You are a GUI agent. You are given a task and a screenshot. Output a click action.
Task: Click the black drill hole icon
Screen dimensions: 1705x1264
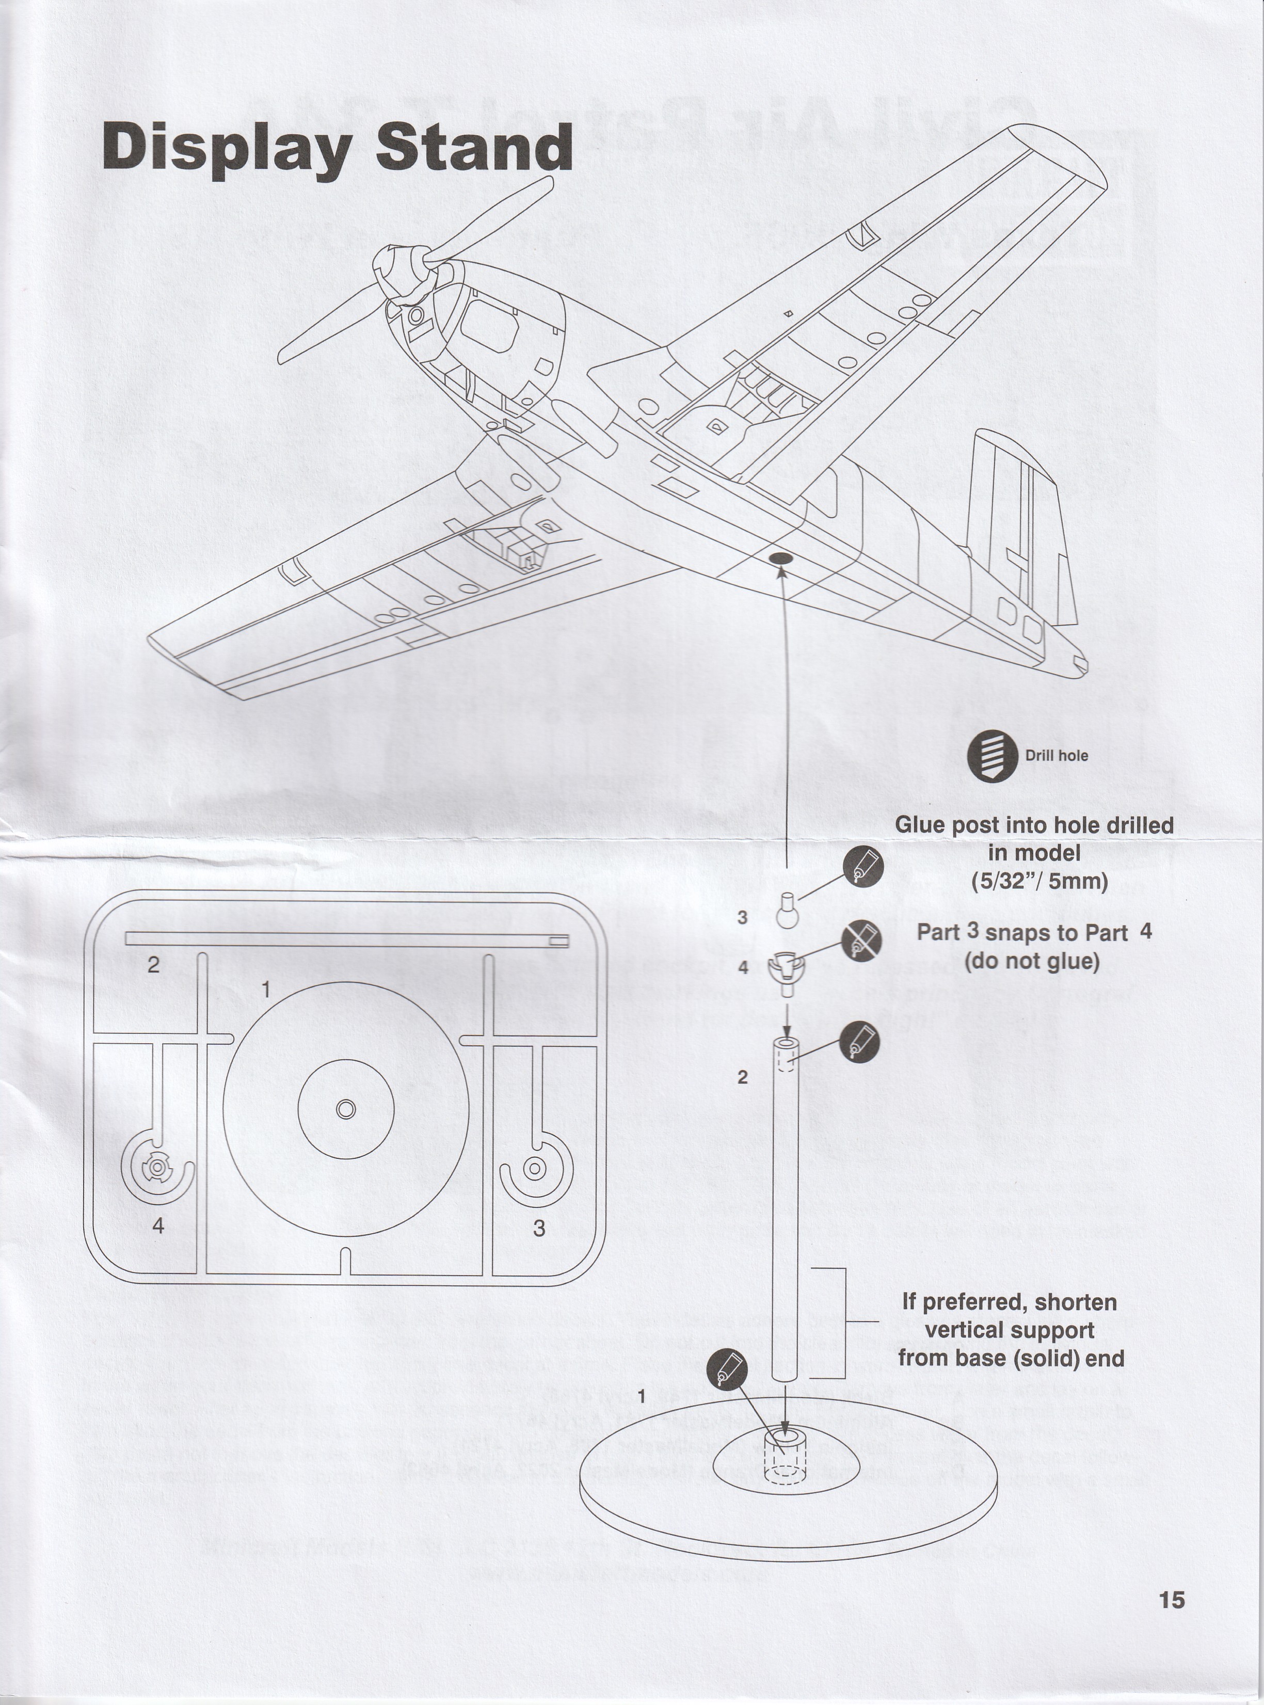click(x=991, y=756)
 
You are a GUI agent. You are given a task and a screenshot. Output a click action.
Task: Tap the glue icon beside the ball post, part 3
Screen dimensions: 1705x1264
click(x=863, y=868)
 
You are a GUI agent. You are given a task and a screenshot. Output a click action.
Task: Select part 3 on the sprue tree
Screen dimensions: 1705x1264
click(x=534, y=1169)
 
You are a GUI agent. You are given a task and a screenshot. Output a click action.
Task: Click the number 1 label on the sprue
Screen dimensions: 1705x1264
click(x=265, y=990)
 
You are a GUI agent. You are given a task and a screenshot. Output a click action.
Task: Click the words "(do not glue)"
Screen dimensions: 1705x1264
click(x=1031, y=961)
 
